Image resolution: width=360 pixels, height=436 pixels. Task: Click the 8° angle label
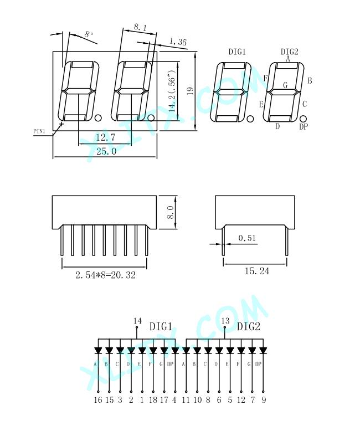89,34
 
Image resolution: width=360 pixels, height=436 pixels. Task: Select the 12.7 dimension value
105,137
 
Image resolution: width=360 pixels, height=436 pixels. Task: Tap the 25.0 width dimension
106,151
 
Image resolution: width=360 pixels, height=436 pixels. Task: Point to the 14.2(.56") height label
172,91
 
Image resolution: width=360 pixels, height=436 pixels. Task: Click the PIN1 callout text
39,131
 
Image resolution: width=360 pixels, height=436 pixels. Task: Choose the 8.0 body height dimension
171,212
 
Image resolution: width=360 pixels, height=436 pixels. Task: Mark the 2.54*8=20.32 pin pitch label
105,275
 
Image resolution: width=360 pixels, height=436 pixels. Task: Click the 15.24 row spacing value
257,271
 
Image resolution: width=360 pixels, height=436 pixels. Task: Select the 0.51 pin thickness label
247,238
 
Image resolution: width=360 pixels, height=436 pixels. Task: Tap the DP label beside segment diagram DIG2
304,127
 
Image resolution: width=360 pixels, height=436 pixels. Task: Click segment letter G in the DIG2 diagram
285,85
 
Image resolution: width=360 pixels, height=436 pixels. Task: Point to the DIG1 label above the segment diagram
237,52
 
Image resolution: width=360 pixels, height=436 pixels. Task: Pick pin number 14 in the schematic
137,321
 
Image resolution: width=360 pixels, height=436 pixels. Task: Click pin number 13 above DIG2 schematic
225,321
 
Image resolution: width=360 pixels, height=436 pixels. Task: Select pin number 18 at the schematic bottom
153,400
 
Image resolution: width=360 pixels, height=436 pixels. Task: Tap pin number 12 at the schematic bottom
241,400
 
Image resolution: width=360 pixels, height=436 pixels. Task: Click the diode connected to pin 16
98,350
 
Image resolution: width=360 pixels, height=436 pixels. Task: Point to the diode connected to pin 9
263,350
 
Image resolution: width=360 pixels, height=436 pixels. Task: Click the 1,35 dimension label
178,42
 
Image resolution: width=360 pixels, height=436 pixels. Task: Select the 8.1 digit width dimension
141,27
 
